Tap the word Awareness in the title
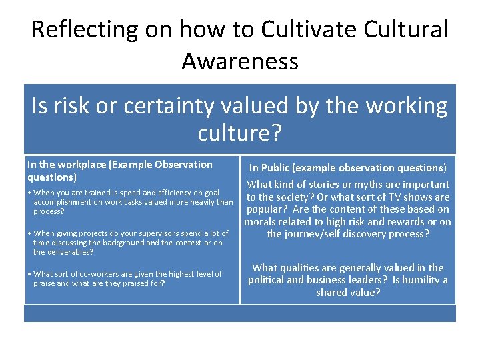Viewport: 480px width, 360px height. pyautogui.click(x=240, y=61)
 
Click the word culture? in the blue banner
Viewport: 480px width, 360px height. pyautogui.click(x=240, y=133)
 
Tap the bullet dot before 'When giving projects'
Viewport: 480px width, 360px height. pyautogui.click(x=29, y=233)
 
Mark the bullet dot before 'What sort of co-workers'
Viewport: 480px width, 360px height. pyautogui.click(x=29, y=274)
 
